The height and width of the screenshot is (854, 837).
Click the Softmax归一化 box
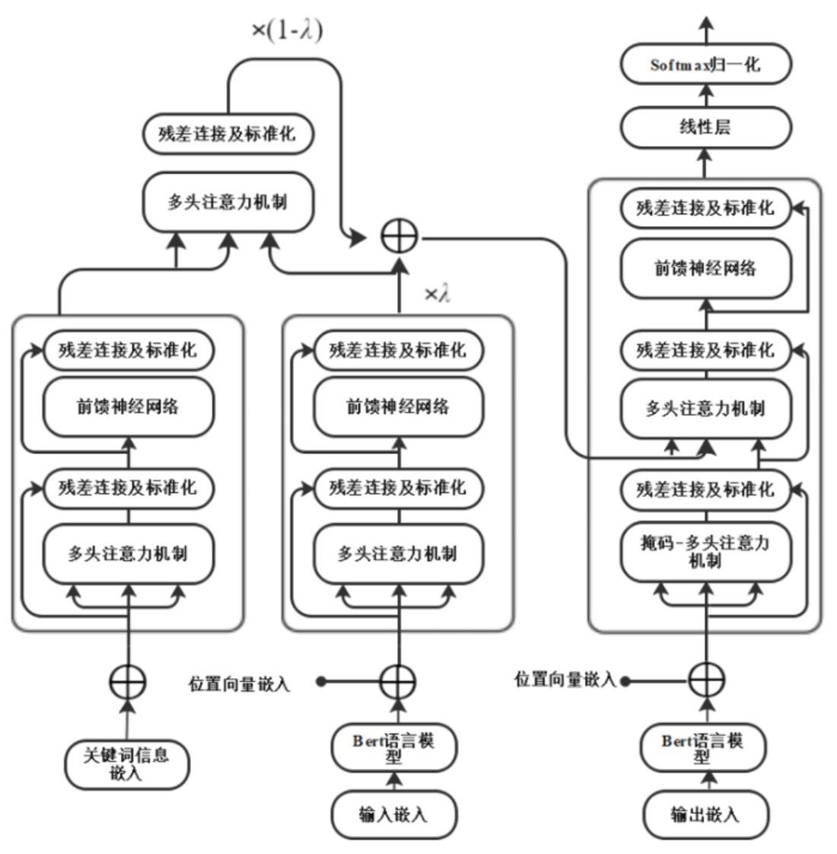coord(705,65)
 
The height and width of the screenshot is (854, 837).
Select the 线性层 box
coord(705,127)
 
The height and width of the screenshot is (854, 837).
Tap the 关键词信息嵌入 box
coord(127,763)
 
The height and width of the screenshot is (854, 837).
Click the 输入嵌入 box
coord(393,815)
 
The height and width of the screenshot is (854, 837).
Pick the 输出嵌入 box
coord(705,815)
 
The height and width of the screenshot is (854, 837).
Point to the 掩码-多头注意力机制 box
coord(705,551)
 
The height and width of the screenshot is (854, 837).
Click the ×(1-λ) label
coord(287,30)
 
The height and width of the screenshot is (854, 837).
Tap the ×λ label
coord(437,294)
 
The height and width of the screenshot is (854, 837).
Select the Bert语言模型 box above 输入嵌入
coord(393,747)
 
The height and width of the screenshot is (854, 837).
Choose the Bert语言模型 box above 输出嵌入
coord(702,747)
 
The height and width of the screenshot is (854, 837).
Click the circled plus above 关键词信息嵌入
coord(127,681)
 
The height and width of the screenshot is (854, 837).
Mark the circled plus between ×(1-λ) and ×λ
coord(399,238)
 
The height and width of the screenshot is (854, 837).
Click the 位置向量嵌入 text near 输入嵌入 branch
coord(240,684)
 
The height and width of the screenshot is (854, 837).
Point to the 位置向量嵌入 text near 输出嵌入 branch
coord(565,680)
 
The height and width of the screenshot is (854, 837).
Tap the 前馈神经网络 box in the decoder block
coord(705,268)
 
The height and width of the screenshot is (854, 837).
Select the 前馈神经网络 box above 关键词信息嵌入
coord(127,406)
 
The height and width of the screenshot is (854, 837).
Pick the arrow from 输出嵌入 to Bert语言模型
coord(705,781)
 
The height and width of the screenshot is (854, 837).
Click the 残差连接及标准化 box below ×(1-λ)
coord(228,134)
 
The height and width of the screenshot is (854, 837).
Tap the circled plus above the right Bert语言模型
coord(706,680)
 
